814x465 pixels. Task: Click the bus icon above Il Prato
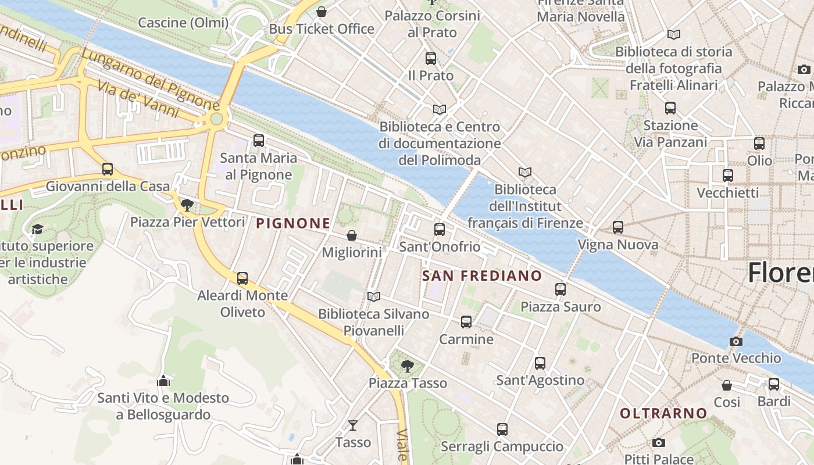coord(431,59)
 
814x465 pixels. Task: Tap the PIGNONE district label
coord(293,223)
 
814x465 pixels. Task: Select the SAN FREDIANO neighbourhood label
coord(482,276)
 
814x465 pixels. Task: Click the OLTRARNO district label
coord(663,414)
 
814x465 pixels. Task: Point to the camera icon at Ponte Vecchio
coord(736,341)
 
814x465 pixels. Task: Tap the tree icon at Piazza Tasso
coord(408,366)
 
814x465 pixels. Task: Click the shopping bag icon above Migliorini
coord(352,235)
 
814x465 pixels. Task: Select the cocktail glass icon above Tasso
coord(352,425)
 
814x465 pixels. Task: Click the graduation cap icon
coord(37,229)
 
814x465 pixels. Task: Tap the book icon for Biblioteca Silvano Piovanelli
coord(374,297)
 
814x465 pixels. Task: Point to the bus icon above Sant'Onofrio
coord(440,230)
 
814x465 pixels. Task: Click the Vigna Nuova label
coord(618,245)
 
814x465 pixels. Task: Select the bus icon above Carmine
coord(466,322)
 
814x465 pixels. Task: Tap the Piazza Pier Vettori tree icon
coord(187,205)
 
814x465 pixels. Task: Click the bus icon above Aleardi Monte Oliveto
coord(242,278)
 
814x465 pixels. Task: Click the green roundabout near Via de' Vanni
coord(216,119)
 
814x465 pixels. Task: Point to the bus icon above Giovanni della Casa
coord(108,169)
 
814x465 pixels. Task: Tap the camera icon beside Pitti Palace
coord(658,443)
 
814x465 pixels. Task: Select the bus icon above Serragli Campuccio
coord(502,430)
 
